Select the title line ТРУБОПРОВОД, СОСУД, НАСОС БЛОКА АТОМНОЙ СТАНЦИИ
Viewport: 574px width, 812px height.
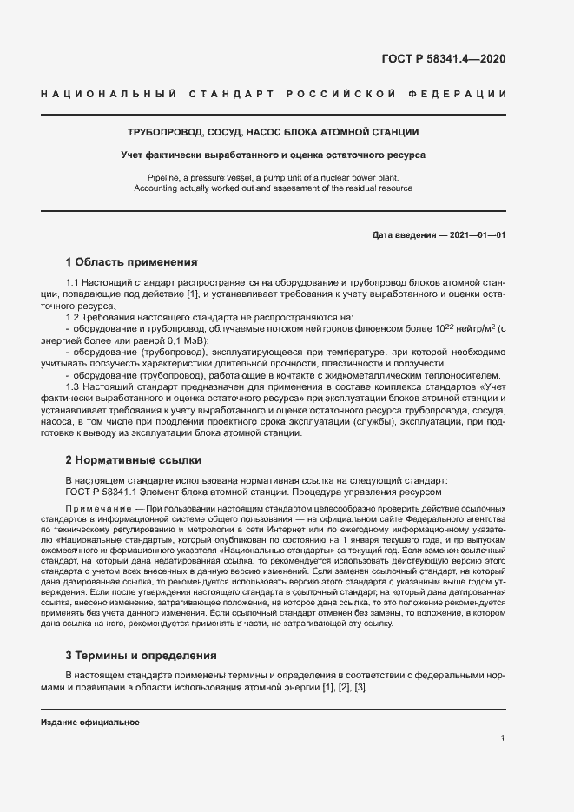(273, 133)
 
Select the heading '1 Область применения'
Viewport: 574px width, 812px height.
(131, 261)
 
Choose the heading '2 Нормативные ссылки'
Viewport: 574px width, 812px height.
(134, 459)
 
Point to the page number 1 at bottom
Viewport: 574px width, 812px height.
(503, 738)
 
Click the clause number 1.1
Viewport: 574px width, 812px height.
(73, 284)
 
